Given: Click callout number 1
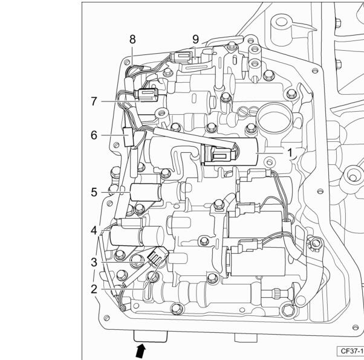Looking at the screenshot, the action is [x=290, y=153].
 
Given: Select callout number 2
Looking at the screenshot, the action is [x=94, y=289].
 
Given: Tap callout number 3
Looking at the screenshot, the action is [x=94, y=262].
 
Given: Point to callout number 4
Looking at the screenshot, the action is [x=94, y=230].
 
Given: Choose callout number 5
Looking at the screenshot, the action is [x=94, y=192].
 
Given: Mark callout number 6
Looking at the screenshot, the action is [x=94, y=135].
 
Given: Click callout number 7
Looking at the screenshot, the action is [x=94, y=101].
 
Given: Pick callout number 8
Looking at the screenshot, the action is [x=132, y=39].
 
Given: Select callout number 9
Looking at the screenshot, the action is [x=196, y=39].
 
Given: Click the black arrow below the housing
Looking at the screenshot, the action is [x=141, y=351].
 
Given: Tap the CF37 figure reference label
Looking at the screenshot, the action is [x=351, y=351].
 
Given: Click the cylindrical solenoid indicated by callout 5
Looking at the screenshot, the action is [x=146, y=192].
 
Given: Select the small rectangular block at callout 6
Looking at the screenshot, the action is [x=128, y=137].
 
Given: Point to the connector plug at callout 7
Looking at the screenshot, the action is [x=148, y=95].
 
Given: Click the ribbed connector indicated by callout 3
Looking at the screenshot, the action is [x=157, y=256].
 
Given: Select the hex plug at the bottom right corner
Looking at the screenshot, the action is [x=288, y=310].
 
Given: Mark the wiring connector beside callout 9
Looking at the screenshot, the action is [x=181, y=57].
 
